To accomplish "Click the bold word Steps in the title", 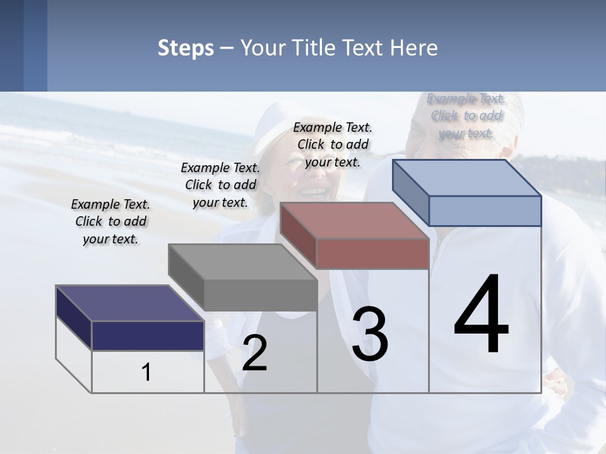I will coord(185,49).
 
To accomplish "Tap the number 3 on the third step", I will coord(370,334).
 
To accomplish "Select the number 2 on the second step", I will coord(254,353).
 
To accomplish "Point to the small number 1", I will coord(146,373).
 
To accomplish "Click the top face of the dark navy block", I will coord(129,303).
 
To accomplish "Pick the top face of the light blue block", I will coord(466,177).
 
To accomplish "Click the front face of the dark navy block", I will coord(148,335).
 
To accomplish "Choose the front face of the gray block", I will coord(260,295).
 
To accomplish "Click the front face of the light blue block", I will coord(485,211).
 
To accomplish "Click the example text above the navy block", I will coord(110,221).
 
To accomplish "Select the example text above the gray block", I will coord(220,185).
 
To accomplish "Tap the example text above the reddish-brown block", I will coord(333,144).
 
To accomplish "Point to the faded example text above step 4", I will coord(466,115).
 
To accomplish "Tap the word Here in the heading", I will coord(414,49).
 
